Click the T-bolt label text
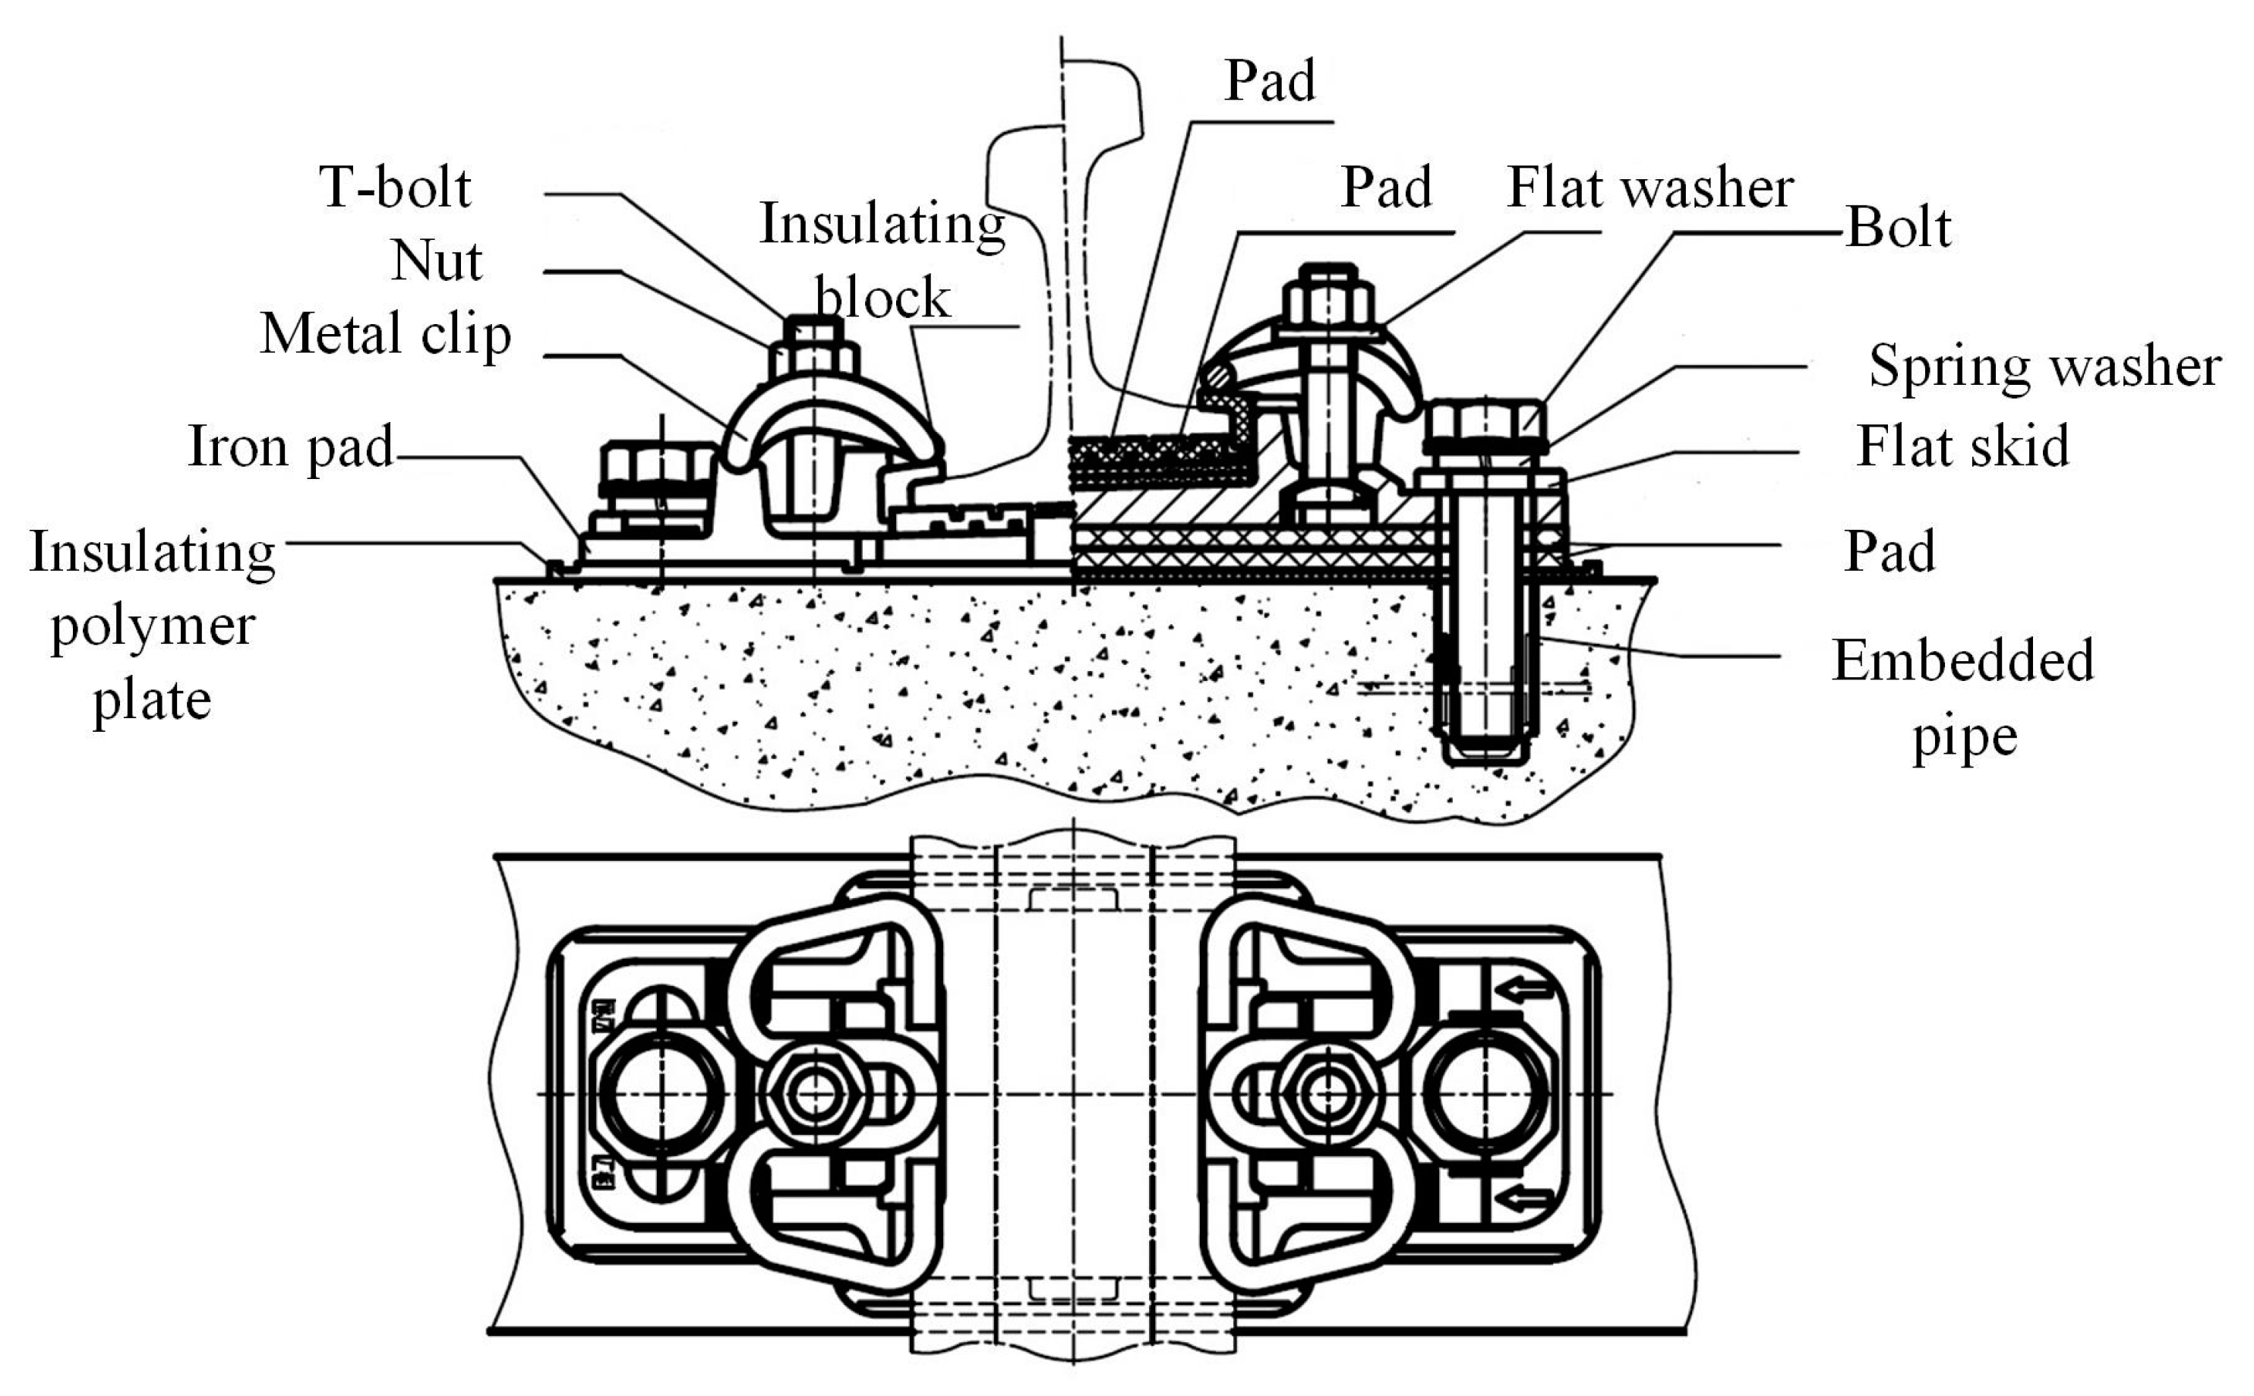pos(394,187)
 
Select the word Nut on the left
pos(436,261)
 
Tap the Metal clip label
pos(385,333)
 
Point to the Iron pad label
pos(290,447)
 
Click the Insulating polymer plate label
pos(153,625)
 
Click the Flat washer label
pos(1650,188)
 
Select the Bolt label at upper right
pos(1899,227)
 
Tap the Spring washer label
pos(2044,367)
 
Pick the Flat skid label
pos(1962,447)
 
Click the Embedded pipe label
pos(1963,699)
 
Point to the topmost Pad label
pos(1270,81)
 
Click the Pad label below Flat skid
pos(1889,552)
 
